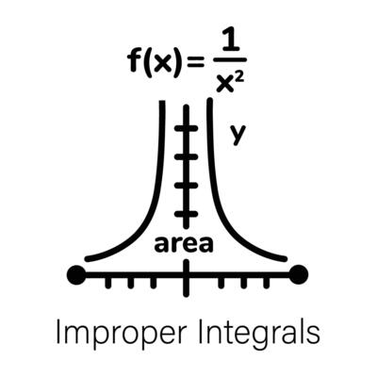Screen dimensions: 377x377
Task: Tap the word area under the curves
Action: [184, 244]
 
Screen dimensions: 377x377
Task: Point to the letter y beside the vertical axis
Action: [238, 135]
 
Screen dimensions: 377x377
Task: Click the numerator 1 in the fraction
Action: [231, 40]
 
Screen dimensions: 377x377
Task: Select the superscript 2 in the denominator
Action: [239, 75]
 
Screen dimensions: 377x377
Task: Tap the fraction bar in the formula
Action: [230, 59]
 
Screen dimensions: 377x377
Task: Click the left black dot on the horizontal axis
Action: [76, 275]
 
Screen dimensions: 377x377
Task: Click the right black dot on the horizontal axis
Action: [299, 275]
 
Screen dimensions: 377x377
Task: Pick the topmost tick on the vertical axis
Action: [187, 128]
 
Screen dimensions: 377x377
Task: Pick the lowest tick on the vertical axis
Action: [187, 214]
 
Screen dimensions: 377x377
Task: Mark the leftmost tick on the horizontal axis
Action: [108, 282]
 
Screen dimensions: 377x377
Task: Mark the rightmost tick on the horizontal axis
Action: [267, 282]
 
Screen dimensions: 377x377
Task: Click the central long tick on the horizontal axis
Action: [187, 278]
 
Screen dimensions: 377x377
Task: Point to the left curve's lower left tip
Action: [88, 259]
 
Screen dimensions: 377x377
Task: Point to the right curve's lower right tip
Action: [285, 259]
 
